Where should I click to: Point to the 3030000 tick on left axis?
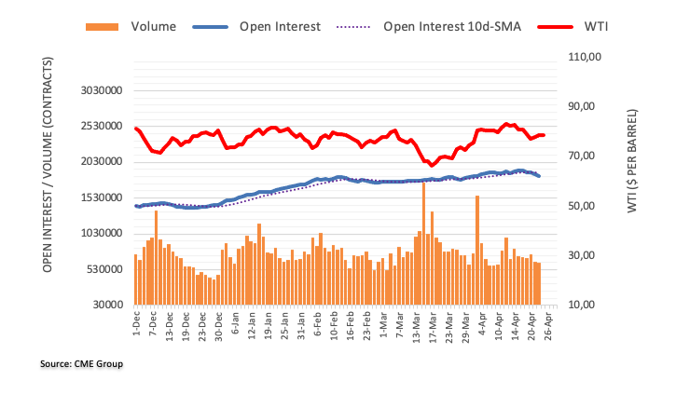tap(99, 91)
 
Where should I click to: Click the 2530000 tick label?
tap(99, 127)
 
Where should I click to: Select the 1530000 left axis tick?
tap(99, 197)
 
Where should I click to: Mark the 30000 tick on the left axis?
tap(105, 306)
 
